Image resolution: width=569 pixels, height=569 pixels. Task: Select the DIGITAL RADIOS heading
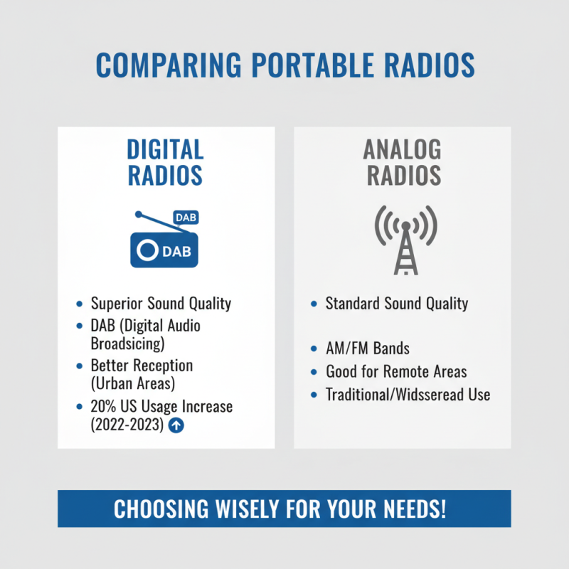(x=165, y=162)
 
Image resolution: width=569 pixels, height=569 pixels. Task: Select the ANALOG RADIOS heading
(x=402, y=162)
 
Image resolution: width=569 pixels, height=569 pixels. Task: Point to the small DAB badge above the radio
(x=186, y=218)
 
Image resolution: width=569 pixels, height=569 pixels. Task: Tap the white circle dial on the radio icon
(x=147, y=251)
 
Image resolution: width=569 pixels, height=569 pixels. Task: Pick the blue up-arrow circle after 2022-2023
(x=177, y=426)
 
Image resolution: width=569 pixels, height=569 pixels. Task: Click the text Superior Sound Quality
(x=161, y=304)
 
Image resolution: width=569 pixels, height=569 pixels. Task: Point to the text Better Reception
(x=142, y=366)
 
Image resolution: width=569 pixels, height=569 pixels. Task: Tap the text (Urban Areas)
(x=133, y=383)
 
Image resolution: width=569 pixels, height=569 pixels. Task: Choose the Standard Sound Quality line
(x=396, y=304)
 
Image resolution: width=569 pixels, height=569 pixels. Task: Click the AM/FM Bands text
(x=367, y=349)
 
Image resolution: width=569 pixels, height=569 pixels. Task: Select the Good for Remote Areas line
(x=396, y=371)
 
